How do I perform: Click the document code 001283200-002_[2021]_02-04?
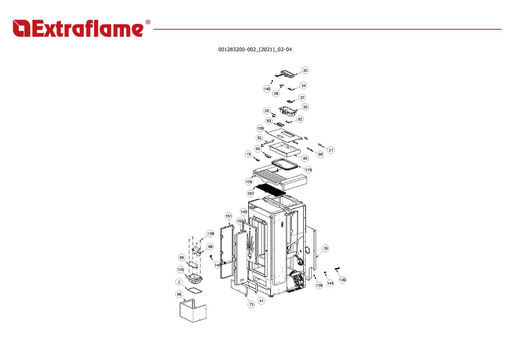[255, 50]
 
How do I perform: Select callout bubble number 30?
[305, 70]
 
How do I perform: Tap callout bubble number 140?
[267, 89]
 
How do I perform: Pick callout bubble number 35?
[305, 107]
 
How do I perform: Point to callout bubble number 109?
[260, 128]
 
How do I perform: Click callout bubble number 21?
[331, 150]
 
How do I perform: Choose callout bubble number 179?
[308, 170]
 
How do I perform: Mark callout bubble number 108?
[249, 182]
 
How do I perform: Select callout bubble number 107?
[251, 193]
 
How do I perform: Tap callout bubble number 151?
[229, 216]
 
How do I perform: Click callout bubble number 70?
[326, 248]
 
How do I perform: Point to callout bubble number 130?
[343, 280]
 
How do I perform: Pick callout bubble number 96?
[179, 294]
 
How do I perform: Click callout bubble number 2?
[179, 282]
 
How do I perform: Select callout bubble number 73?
[251, 304]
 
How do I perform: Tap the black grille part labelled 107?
[270, 189]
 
